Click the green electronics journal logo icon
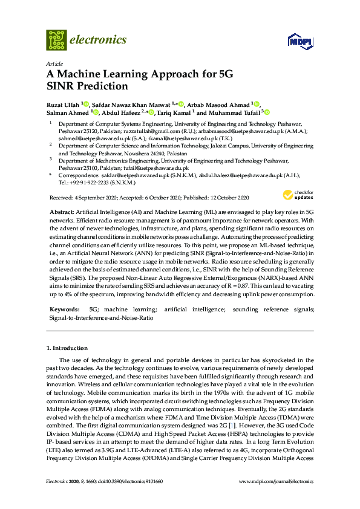coord(56,40)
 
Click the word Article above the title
coord(53,63)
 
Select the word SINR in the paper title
coord(62,86)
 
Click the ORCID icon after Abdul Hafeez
coord(154,112)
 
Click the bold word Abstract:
coord(61,213)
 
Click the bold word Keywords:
coord(64,310)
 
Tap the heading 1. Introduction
coord(67,348)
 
